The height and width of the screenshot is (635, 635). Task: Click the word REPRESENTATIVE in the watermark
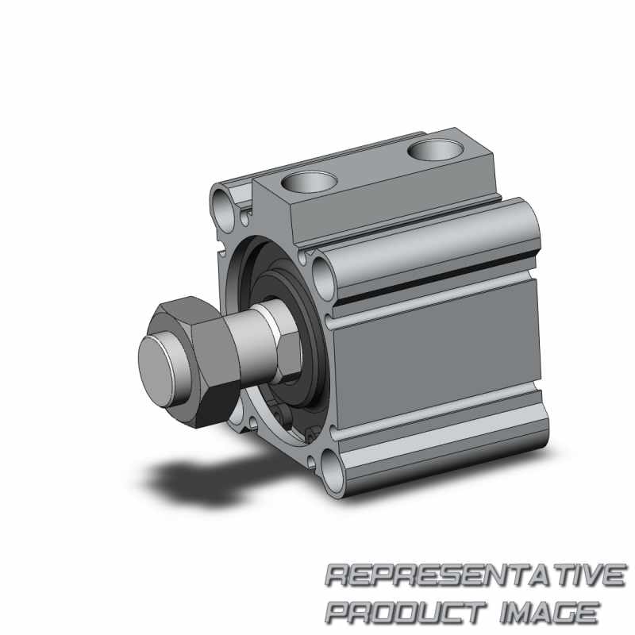[475, 575]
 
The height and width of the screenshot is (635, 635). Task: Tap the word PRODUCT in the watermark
[406, 613]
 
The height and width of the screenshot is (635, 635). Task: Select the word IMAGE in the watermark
[550, 613]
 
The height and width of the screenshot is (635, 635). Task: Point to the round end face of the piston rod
[157, 371]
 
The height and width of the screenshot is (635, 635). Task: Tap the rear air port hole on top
[434, 150]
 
